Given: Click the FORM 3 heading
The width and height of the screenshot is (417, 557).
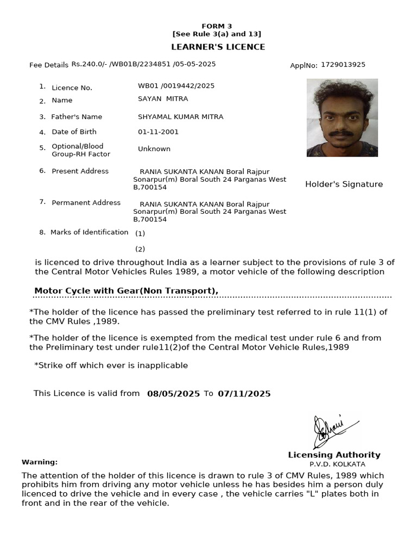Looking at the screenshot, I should [217, 26].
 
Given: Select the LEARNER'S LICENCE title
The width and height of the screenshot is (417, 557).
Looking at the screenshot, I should [218, 47].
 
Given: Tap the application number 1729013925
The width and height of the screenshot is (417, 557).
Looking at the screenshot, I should [343, 65].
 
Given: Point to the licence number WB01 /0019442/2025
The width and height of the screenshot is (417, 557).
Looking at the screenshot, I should [176, 86].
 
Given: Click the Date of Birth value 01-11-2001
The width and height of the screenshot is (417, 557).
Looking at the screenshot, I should [158, 132].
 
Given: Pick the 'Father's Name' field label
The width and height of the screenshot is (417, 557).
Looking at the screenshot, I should [77, 117].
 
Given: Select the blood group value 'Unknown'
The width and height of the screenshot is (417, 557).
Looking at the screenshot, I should [154, 149].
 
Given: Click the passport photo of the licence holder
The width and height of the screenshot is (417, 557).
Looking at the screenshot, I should [342, 117].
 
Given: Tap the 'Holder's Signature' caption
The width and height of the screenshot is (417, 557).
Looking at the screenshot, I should [344, 184].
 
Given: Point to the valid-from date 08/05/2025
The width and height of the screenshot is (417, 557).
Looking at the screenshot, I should [173, 394].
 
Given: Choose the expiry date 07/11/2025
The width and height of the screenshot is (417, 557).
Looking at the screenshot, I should [244, 394].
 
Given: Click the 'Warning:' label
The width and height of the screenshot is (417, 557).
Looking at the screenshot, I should [40, 462].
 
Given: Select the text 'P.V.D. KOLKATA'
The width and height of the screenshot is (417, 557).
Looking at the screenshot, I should [337, 465].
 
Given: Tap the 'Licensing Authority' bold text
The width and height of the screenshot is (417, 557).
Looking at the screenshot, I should [334, 455].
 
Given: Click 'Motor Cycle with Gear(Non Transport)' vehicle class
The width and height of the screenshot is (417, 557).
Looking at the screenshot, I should [126, 291].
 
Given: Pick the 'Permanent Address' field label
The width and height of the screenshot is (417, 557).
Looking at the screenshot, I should [86, 203].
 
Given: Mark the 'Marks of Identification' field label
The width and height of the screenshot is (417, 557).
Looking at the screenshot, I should [89, 232].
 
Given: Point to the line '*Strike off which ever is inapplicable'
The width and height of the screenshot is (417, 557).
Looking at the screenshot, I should [111, 366].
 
